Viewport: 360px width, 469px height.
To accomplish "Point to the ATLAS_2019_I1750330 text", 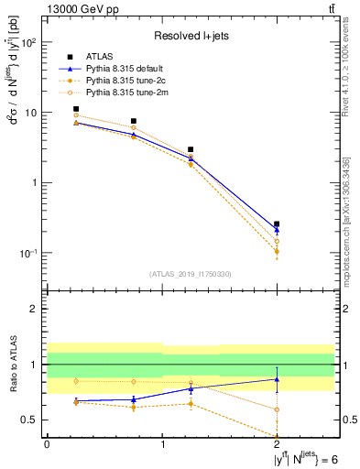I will [190, 274].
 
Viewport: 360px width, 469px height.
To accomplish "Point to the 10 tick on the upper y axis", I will [33, 113].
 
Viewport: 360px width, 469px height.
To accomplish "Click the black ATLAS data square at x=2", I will [277, 224].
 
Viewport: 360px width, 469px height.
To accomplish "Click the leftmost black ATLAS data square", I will [76, 109].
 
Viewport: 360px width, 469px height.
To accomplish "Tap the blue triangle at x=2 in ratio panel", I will [277, 378].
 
